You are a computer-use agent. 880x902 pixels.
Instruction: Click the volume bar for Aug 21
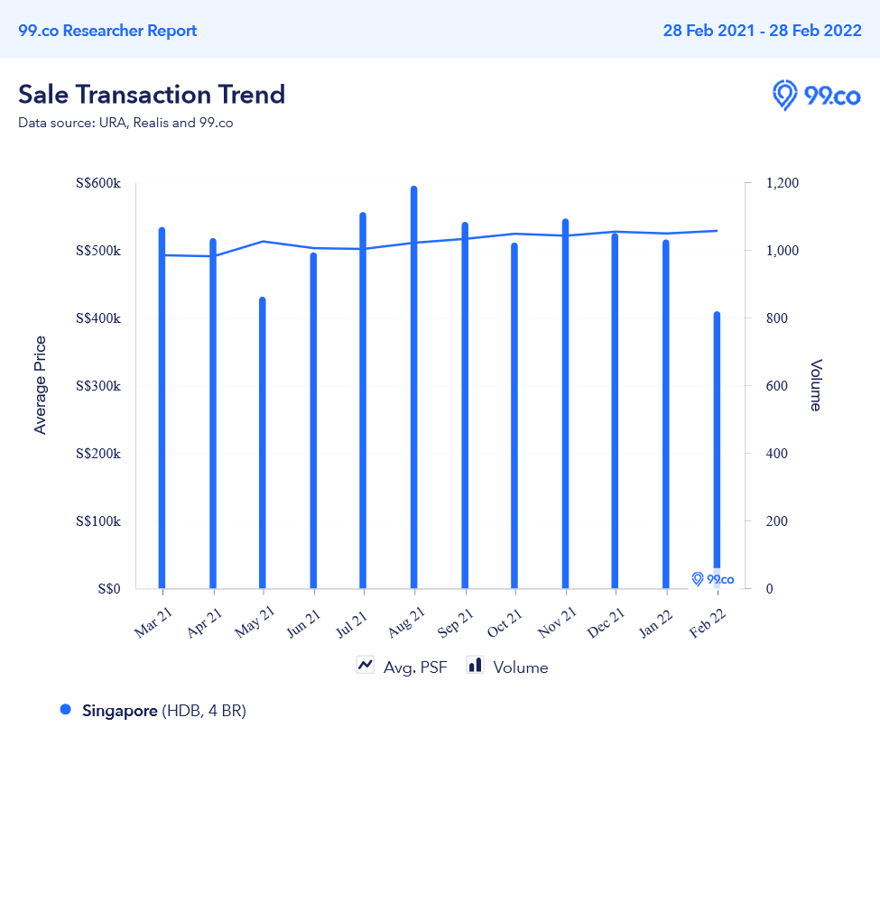point(414,388)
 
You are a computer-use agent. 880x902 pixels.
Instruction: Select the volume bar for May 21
point(263,443)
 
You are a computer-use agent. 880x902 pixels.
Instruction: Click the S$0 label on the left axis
point(108,589)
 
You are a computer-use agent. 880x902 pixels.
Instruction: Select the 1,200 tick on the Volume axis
point(782,183)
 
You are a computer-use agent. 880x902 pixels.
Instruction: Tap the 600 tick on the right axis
point(776,386)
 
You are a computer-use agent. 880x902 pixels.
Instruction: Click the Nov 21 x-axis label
point(556,623)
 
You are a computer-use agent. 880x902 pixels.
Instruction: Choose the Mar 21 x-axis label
point(153,623)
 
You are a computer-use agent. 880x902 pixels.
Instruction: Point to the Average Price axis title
point(40,385)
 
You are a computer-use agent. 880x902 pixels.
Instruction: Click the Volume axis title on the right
point(815,385)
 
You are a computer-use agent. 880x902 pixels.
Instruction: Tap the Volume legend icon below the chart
point(475,666)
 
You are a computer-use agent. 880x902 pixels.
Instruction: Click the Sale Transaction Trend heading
point(152,95)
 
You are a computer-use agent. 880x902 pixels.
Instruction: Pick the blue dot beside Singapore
point(65,710)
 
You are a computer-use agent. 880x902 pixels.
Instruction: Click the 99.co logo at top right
point(816,95)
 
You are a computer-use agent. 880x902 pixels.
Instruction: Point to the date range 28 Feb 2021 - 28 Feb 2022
point(762,31)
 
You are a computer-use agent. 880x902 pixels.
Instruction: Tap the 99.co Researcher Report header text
point(107,31)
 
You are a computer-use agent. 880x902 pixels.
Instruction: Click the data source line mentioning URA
point(125,123)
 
